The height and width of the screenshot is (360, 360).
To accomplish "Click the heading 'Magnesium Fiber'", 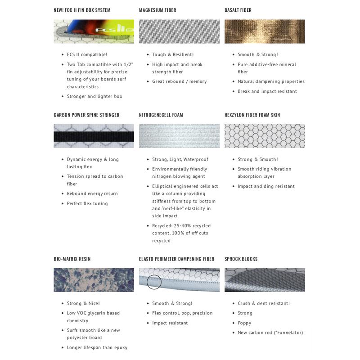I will (x=157, y=10).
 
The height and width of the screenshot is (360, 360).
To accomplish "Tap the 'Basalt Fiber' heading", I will (x=238, y=10).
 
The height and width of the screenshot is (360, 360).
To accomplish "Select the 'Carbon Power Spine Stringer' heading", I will (x=86, y=115).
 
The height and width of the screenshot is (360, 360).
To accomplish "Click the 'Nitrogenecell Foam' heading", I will (x=161, y=115).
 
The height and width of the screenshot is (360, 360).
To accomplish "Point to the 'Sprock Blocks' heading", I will (x=241, y=259).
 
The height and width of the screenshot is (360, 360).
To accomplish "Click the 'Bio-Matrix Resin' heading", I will (x=72, y=259).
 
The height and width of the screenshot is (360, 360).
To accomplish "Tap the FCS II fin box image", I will (x=94, y=31).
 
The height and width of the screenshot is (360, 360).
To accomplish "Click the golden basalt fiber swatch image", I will (x=265, y=31).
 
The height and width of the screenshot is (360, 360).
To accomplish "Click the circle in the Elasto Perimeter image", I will (x=154, y=282).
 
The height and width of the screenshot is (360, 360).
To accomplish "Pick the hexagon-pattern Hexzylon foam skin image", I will (x=265, y=136).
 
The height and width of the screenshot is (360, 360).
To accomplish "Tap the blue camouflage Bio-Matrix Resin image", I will (x=94, y=280).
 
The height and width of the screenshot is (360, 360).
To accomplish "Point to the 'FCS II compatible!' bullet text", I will (x=87, y=54).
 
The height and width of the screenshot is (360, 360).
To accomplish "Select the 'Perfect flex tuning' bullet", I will (x=87, y=203).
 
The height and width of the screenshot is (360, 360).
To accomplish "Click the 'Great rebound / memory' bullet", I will (x=179, y=81).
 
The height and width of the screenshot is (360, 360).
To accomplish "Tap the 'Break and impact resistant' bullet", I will (x=267, y=91).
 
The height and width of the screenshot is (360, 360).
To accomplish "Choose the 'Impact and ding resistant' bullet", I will (x=266, y=186).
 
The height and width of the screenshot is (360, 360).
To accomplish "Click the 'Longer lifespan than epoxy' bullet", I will (x=97, y=347).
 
